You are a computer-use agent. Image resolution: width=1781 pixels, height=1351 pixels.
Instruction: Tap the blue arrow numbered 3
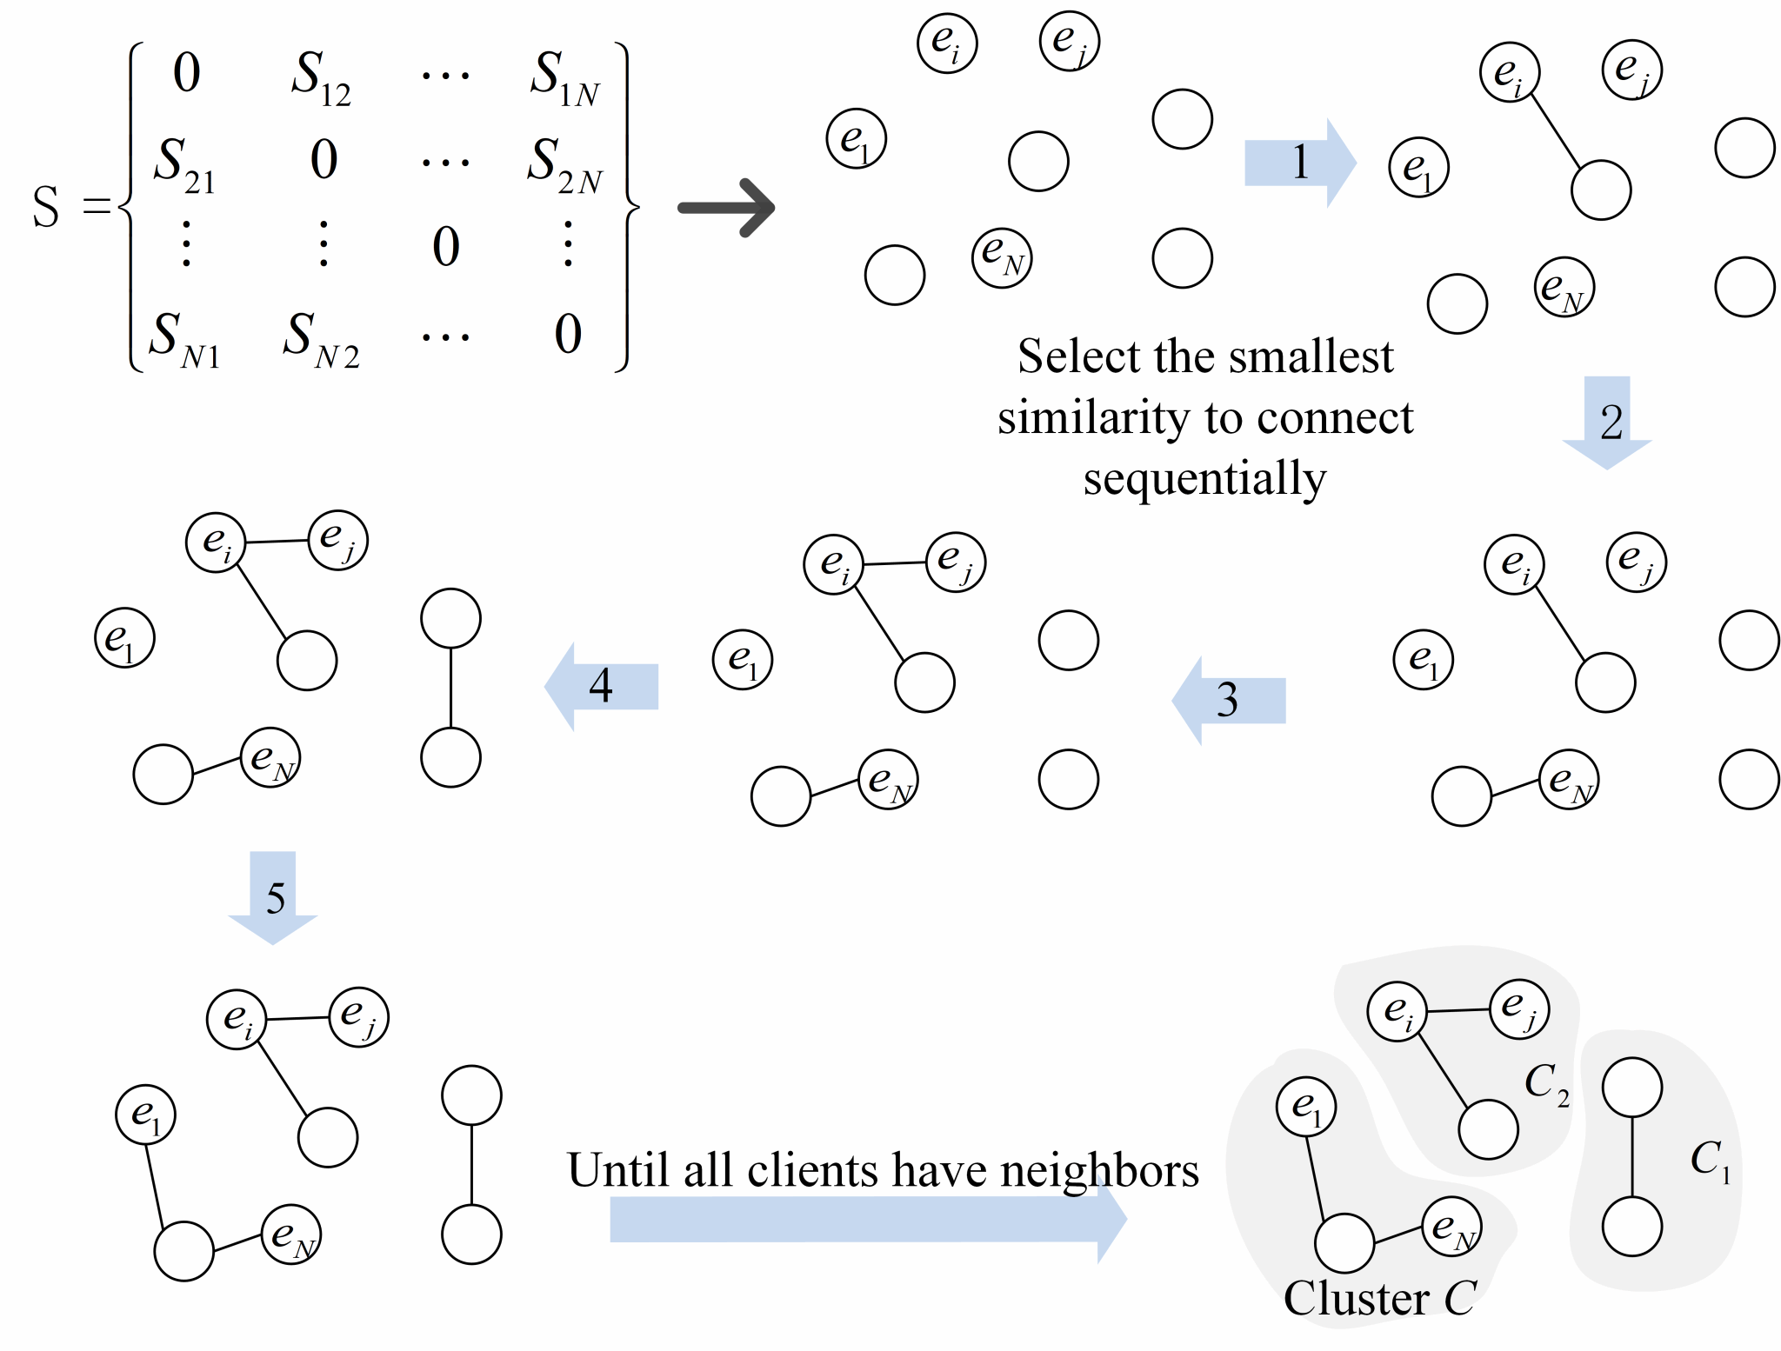click(x=1228, y=700)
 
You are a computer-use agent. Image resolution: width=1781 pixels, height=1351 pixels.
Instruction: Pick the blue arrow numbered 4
click(x=601, y=686)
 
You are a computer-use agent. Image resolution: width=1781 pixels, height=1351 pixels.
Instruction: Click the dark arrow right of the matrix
click(x=726, y=208)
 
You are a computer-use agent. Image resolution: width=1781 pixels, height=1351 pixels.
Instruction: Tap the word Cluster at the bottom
click(x=1356, y=1299)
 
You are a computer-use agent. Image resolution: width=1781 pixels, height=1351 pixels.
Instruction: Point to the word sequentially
click(x=1205, y=478)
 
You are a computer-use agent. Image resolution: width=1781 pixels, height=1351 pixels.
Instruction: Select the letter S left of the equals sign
click(x=46, y=208)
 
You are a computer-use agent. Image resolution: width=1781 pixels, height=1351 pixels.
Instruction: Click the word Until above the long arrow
click(x=618, y=1170)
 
